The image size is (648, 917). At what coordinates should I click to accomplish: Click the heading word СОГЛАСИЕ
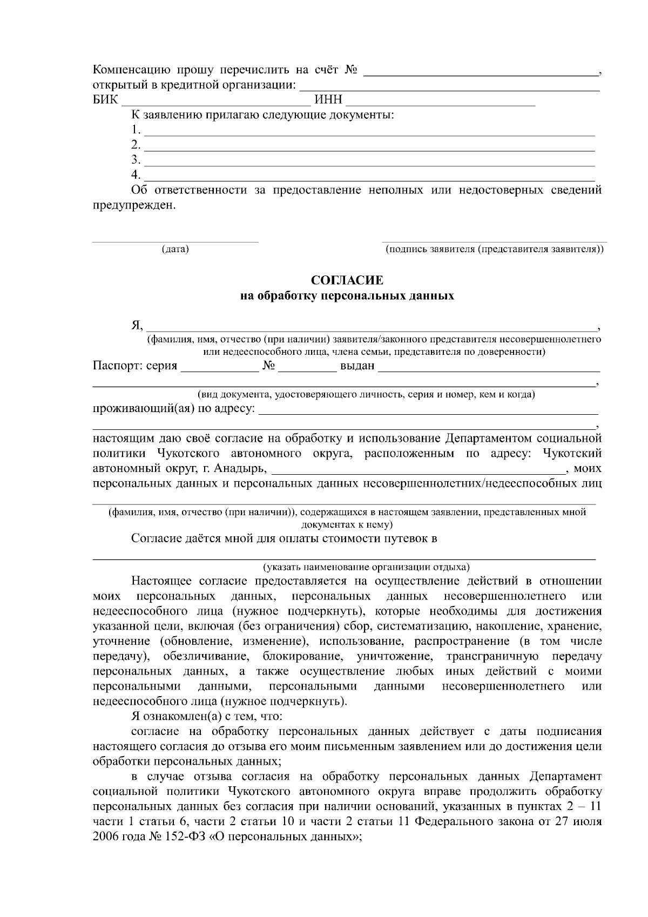point(347,280)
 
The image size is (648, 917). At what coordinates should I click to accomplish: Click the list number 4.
point(136,175)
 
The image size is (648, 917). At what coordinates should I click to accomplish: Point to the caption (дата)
point(175,250)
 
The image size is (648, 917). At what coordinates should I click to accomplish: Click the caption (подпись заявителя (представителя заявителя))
point(494,250)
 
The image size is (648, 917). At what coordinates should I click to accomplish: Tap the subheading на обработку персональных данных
point(347,296)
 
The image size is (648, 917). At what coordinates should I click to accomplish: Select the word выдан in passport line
point(357,366)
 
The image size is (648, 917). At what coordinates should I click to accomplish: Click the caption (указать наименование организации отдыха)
point(366,567)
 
